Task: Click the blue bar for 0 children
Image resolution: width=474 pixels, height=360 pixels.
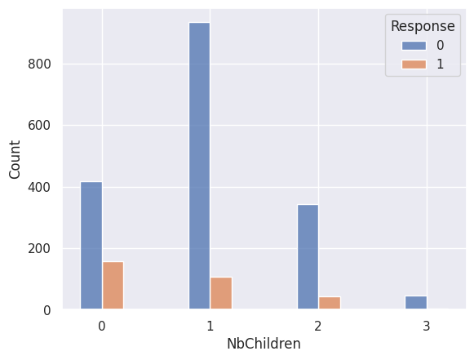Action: coord(91,246)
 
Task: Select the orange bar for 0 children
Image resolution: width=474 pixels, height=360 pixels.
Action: coord(113,285)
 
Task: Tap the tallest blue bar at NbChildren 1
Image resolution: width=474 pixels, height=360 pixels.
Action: coord(200,166)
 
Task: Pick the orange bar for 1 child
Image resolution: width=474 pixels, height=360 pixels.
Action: coord(221,293)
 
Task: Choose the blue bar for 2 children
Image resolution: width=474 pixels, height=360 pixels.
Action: coord(308,257)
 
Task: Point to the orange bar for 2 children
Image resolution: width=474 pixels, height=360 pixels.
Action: coord(330,303)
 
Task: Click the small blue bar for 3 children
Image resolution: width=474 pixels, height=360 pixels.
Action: coord(416,303)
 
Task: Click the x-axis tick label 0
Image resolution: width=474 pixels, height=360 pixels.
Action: coord(102,326)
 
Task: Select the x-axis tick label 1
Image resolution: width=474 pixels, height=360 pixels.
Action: coord(210,326)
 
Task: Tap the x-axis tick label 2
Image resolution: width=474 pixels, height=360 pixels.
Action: coord(318,326)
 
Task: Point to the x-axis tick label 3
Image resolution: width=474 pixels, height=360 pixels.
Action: coord(426,326)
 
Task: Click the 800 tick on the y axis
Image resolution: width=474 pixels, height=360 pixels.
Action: coord(39,64)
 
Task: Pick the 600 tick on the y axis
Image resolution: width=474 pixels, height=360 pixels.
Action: coord(39,125)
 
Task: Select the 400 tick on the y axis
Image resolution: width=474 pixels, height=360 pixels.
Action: coord(39,187)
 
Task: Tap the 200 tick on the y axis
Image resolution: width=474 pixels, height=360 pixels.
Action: coord(39,249)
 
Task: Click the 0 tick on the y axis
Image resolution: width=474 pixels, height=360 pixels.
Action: coord(47,310)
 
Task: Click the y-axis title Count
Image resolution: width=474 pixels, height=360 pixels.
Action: coord(14,159)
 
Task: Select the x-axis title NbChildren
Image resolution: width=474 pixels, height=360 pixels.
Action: coord(264,344)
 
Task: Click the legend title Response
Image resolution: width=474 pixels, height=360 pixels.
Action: coord(423,26)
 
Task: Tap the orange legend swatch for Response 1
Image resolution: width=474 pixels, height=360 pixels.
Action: coord(414,64)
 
